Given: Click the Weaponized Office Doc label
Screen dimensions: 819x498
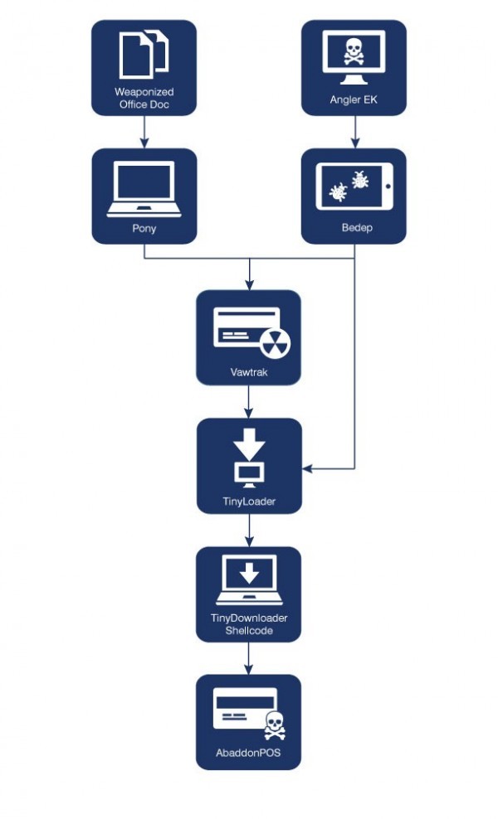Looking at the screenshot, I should (x=144, y=97).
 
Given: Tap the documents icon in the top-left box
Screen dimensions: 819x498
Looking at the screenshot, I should (x=144, y=55).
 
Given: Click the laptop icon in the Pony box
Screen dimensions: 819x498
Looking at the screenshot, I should (x=144, y=187).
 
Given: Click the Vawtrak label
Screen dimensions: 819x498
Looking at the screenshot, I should (x=248, y=373).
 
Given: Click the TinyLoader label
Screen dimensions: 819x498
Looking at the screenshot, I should (x=248, y=502).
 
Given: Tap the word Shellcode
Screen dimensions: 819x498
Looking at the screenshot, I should (x=248, y=631).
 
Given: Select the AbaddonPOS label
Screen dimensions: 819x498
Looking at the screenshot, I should (x=248, y=757).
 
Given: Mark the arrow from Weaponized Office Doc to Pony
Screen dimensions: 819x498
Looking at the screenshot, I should (x=144, y=131).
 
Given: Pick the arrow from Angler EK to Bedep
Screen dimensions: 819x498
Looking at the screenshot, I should (x=354, y=131).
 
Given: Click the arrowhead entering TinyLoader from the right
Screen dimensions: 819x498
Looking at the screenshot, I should (x=307, y=469).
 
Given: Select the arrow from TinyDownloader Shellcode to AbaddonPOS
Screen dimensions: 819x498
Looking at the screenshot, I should (x=248, y=658).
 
